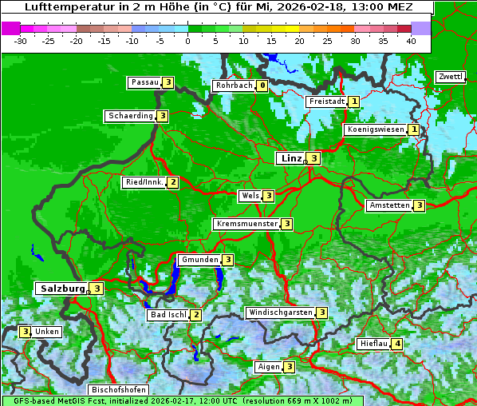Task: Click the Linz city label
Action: pos(291,158)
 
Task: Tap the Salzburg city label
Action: pos(61,289)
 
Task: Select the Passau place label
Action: pos(145,82)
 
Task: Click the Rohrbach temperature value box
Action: pos(262,86)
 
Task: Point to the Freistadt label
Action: pos(327,101)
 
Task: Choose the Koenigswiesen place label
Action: pos(375,129)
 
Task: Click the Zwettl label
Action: pos(451,77)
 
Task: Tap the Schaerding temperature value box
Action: pos(162,116)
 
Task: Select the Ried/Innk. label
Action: pos(144,182)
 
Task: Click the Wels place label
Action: pos(250,196)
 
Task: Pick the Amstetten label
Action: pos(389,205)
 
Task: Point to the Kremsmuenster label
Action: pos(246,224)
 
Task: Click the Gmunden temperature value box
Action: pos(227,260)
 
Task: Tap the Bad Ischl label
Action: pos(168,315)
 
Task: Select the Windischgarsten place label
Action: pos(280,312)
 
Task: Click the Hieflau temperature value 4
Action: pos(397,344)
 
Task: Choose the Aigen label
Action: pos(269,367)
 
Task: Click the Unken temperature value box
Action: pos(26,332)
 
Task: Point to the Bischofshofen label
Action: pos(119,390)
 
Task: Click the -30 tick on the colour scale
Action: pos(21,40)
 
